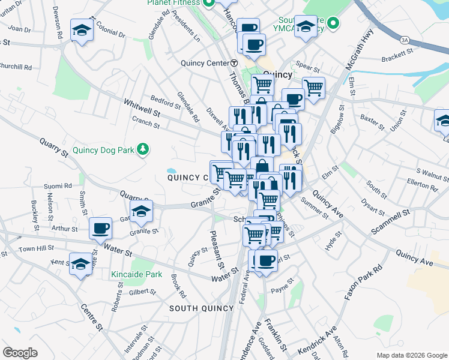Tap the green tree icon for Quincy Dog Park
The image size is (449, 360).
(143, 149)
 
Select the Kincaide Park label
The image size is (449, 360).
(137, 274)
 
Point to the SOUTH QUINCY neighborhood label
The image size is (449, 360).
(200, 308)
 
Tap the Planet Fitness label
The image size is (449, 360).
(173, 3)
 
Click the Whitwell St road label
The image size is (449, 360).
(142, 109)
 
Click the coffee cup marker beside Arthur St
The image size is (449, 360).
(100, 228)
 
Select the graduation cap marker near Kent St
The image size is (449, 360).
(80, 264)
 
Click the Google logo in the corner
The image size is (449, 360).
(20, 353)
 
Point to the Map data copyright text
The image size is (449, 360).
(411, 355)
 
